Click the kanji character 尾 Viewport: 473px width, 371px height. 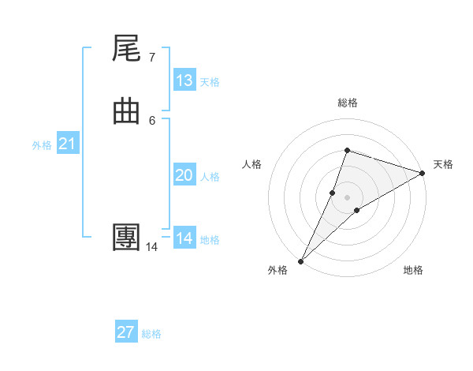[x=126, y=50]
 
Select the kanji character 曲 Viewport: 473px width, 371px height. [x=126, y=112]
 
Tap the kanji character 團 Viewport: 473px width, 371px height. [x=126, y=238]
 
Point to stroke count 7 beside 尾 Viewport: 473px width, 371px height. [x=151, y=57]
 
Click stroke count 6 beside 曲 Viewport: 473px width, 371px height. [x=151, y=120]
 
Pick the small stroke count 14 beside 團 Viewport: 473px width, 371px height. [x=151, y=246]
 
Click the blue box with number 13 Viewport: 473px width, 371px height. [x=184, y=81]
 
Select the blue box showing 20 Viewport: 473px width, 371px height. [x=184, y=175]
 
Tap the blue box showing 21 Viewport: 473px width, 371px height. [x=68, y=144]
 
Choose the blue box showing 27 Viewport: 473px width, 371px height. [x=126, y=332]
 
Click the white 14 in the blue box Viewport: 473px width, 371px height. [x=184, y=238]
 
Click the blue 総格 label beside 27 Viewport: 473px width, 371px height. [x=151, y=334]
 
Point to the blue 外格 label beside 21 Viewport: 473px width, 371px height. [x=42, y=145]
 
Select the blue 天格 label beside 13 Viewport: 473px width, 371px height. [x=210, y=82]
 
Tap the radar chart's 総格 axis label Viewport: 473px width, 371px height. [x=347, y=103]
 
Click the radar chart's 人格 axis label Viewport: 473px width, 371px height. [x=251, y=164]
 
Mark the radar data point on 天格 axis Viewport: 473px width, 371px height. [x=422, y=174]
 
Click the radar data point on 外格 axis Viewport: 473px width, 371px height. [x=300, y=260]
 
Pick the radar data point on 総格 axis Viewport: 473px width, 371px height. [x=347, y=150]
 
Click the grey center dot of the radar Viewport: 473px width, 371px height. [x=347, y=197]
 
